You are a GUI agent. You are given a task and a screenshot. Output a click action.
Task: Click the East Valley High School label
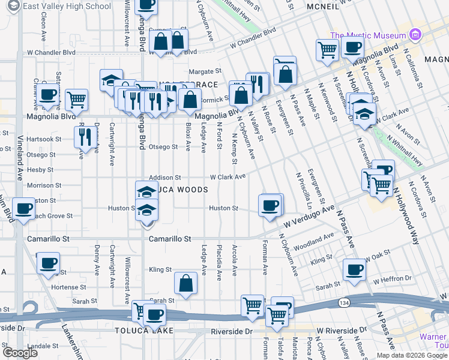click(x=67, y=6)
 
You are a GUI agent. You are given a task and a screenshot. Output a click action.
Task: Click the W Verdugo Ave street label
click(x=308, y=219)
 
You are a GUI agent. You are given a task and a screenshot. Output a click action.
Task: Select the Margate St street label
click(x=205, y=70)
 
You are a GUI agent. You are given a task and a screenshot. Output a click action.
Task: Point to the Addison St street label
click(x=164, y=178)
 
